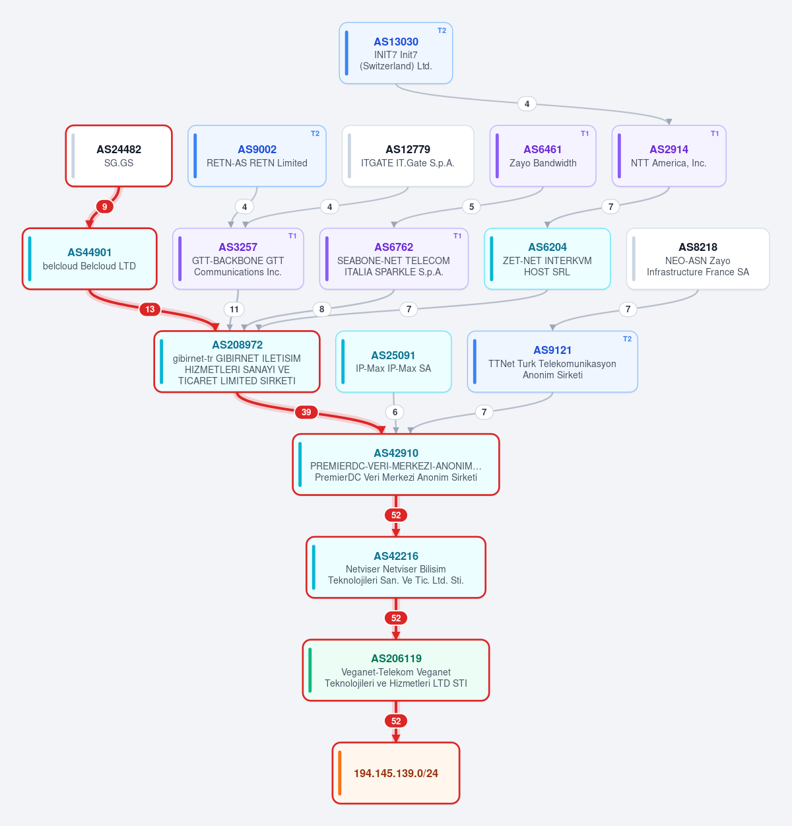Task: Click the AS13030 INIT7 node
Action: pyautogui.click(x=396, y=53)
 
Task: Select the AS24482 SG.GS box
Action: pyautogui.click(x=119, y=156)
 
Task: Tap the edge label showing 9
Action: pyautogui.click(x=104, y=207)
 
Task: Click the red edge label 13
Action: pyautogui.click(x=150, y=310)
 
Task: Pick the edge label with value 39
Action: pyautogui.click(x=306, y=412)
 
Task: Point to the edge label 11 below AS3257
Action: pyautogui.click(x=234, y=310)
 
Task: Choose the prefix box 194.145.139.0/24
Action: pyautogui.click(x=396, y=773)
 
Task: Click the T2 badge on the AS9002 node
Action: pyautogui.click(x=315, y=133)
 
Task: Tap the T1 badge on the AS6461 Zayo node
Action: pyautogui.click(x=585, y=133)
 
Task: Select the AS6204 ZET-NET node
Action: pyautogui.click(x=547, y=259)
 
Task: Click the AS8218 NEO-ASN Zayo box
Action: pyautogui.click(x=698, y=259)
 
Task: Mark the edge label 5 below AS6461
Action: pyautogui.click(x=471, y=207)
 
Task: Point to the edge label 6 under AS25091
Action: pyautogui.click(x=395, y=412)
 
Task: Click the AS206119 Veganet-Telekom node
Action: pyautogui.click(x=396, y=670)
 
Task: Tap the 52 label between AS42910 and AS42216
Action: pyautogui.click(x=396, y=515)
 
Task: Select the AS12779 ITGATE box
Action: pyautogui.click(x=408, y=156)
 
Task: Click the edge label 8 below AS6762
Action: pyautogui.click(x=321, y=310)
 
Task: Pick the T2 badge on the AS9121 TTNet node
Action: pyautogui.click(x=627, y=339)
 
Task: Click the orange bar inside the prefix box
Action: pyautogui.click(x=340, y=773)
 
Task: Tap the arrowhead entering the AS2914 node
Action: pyautogui.click(x=669, y=121)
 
